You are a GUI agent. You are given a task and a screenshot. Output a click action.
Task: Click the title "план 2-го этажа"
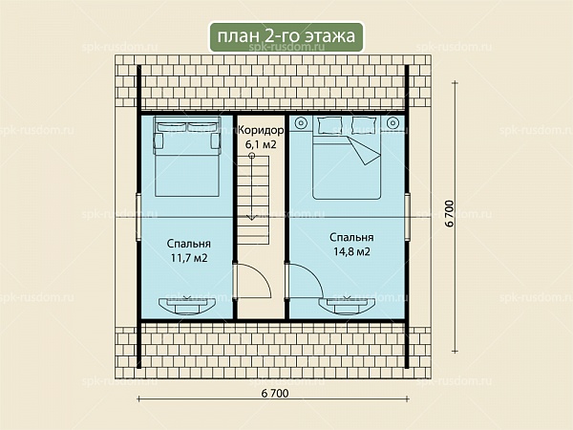[286, 36]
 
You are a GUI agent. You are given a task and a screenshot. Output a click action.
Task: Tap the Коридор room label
[261, 130]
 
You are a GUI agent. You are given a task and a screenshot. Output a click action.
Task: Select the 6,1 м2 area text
[261, 144]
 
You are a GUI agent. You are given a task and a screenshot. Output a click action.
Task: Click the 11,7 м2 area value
[189, 258]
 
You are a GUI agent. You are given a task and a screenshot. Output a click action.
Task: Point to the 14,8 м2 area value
[351, 251]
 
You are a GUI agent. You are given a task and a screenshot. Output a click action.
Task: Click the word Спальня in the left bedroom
[188, 244]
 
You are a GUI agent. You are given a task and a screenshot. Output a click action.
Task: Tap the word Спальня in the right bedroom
[351, 237]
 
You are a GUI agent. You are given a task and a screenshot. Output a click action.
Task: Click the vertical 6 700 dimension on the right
[450, 213]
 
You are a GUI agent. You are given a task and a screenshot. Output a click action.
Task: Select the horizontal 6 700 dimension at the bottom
[275, 393]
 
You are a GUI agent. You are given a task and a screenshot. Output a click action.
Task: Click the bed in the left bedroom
[187, 157]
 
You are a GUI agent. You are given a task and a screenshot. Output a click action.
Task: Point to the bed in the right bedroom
[347, 158]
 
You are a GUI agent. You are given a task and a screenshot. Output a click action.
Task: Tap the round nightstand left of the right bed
[302, 122]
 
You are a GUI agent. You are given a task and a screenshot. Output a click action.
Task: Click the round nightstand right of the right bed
[393, 122]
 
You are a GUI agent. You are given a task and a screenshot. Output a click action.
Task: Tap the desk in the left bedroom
[187, 306]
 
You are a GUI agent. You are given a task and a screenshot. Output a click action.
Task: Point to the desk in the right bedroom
[347, 306]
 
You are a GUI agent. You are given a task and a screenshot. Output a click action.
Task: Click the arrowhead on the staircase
[251, 218]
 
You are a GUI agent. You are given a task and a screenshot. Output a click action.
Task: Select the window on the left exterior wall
[138, 217]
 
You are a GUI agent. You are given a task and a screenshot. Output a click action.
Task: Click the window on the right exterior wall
[408, 217]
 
